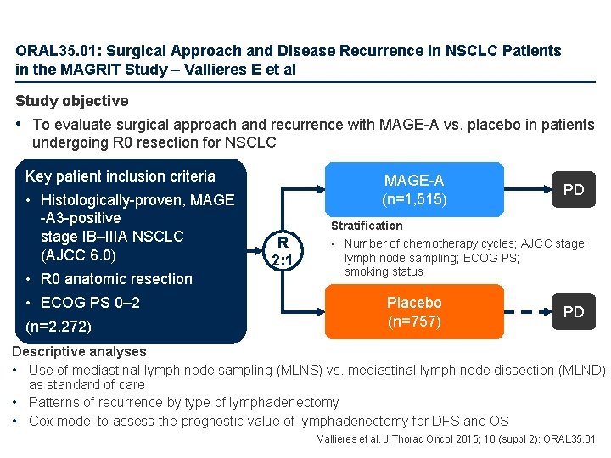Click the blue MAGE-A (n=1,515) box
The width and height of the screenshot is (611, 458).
pos(414,190)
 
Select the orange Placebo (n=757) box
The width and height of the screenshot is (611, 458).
pos(414,311)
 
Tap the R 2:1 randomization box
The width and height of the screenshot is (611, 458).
pos(279,250)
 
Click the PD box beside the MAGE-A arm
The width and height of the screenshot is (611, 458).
pos(574,189)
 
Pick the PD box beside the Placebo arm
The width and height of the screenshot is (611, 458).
pos(574,311)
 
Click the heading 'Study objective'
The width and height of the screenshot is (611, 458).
pos(72,101)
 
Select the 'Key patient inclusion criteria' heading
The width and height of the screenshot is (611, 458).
pos(121,176)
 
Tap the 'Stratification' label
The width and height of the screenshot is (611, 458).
pos(367,226)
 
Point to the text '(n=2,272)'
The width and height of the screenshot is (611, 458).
pos(59,326)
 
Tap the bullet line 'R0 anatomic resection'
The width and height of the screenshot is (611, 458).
pos(116,279)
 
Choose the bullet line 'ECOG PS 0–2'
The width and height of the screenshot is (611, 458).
pos(90,303)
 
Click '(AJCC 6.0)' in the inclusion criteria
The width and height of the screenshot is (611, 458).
pos(79,254)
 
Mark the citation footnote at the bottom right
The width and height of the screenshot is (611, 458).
pos(456,439)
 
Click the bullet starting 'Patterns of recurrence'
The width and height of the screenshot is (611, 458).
pos(183,403)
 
